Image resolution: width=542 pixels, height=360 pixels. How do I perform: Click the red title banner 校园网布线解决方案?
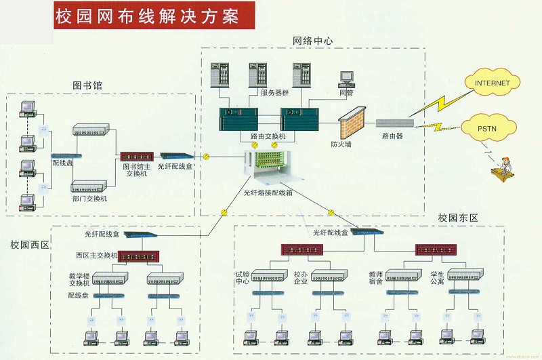pos(154,16)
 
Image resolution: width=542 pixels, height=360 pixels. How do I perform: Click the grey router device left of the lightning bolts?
pos(394,123)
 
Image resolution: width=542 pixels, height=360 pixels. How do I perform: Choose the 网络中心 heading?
pos(312,41)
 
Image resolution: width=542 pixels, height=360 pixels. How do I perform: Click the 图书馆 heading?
pos(92,85)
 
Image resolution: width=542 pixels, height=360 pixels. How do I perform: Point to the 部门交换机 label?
pos(89,199)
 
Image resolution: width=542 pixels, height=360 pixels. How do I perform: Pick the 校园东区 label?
pos(458,218)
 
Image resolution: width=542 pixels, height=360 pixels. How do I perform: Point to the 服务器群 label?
pos(274,93)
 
